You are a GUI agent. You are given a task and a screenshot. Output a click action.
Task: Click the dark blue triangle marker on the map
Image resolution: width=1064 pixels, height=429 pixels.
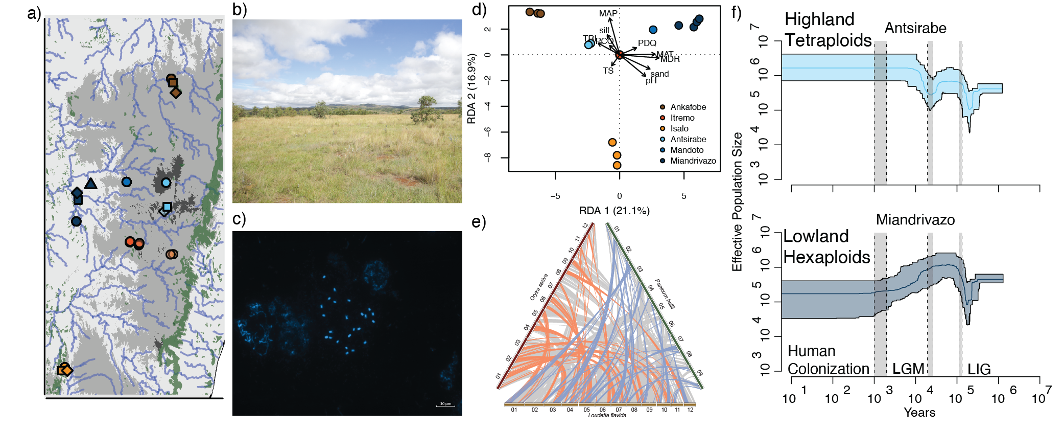click(91, 184)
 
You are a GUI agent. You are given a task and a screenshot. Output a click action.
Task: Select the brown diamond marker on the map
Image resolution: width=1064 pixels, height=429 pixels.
click(176, 93)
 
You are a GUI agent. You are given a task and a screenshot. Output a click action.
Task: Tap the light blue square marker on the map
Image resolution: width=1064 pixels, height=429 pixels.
click(167, 207)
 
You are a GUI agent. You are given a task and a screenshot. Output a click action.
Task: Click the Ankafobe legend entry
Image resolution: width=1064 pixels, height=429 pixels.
click(688, 107)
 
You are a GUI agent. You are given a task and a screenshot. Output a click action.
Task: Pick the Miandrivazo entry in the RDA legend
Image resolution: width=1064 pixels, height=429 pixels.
click(693, 161)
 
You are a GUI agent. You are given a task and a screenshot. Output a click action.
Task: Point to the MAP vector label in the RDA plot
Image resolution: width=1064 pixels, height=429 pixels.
click(608, 14)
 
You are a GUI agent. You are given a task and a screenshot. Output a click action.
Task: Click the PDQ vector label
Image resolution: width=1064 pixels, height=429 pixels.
click(647, 43)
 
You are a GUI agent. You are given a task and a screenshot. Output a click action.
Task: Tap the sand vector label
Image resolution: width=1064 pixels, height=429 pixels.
click(659, 74)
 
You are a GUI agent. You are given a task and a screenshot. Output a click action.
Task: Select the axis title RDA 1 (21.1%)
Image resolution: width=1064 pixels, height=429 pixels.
click(614, 211)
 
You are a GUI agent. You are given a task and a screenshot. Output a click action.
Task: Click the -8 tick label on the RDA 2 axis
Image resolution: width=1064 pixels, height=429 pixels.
click(487, 157)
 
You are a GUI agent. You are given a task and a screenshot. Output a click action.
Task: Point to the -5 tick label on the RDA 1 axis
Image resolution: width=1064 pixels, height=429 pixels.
click(555, 196)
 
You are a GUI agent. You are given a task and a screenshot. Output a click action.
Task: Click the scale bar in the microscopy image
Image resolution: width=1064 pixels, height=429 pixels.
click(445, 405)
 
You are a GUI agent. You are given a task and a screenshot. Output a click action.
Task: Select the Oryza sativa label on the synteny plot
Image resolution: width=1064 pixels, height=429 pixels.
click(538, 287)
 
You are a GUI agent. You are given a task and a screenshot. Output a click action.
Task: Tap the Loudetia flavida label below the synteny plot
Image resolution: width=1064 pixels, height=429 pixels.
click(607, 415)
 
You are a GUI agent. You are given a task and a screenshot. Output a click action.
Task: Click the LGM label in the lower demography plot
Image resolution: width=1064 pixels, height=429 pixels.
click(908, 369)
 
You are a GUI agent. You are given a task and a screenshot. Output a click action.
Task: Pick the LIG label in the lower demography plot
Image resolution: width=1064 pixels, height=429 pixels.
click(979, 369)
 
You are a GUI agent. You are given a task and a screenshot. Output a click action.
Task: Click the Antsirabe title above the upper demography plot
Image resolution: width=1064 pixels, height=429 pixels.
click(915, 28)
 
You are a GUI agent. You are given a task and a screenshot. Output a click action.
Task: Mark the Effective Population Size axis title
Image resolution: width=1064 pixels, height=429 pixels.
click(737, 202)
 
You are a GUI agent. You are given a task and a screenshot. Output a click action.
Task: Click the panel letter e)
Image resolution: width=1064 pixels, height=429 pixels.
click(478, 222)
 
